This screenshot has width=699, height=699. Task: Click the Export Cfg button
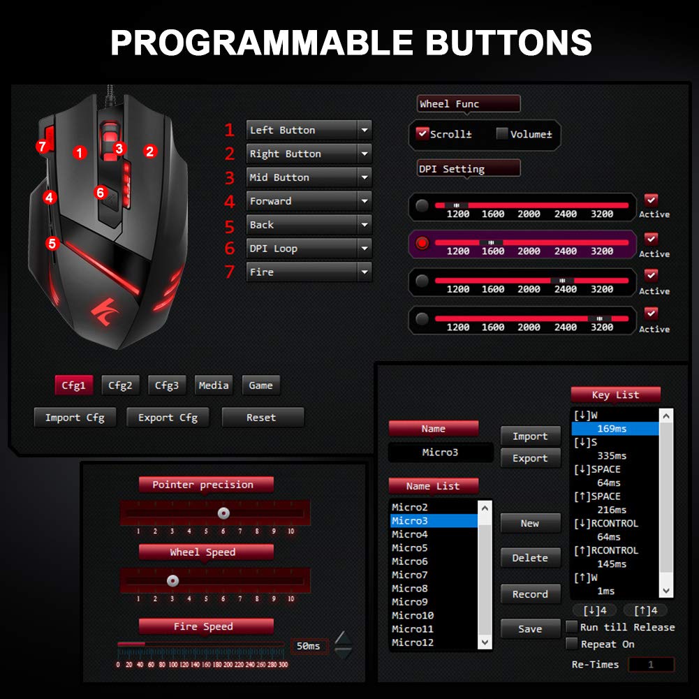[168, 418]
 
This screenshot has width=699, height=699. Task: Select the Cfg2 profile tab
[120, 385]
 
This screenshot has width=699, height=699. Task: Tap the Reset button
[263, 418]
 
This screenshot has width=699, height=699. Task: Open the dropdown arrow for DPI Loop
[365, 249]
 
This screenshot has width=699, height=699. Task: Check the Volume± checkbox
[502, 133]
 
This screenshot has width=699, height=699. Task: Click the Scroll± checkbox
[422, 133]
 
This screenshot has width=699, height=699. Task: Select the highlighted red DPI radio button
[422, 243]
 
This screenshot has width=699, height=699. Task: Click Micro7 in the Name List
[410, 575]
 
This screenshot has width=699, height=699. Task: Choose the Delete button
[530, 558]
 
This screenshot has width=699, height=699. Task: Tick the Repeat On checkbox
[571, 643]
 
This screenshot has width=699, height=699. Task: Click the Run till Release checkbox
[571, 626]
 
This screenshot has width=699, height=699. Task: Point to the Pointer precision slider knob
[223, 513]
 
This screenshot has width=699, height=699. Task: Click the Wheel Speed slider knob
[172, 581]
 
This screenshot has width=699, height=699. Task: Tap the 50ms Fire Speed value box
[309, 646]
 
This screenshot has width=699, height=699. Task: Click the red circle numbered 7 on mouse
[42, 146]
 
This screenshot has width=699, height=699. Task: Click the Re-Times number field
[651, 664]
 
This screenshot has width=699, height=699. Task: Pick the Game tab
[260, 385]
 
